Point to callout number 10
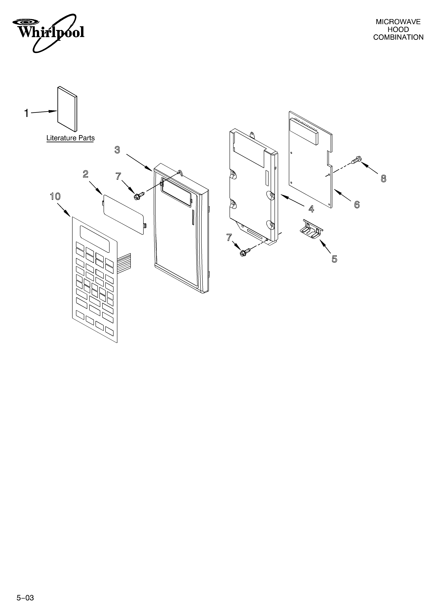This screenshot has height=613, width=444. (x=55, y=197)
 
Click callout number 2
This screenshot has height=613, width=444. (x=85, y=174)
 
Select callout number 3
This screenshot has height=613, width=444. (x=117, y=150)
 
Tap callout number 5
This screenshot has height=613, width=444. (x=334, y=259)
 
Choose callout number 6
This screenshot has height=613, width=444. (x=357, y=205)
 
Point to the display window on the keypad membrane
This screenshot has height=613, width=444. (x=95, y=239)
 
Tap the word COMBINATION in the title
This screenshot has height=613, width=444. (x=398, y=37)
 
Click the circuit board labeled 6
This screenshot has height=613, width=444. (x=310, y=160)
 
